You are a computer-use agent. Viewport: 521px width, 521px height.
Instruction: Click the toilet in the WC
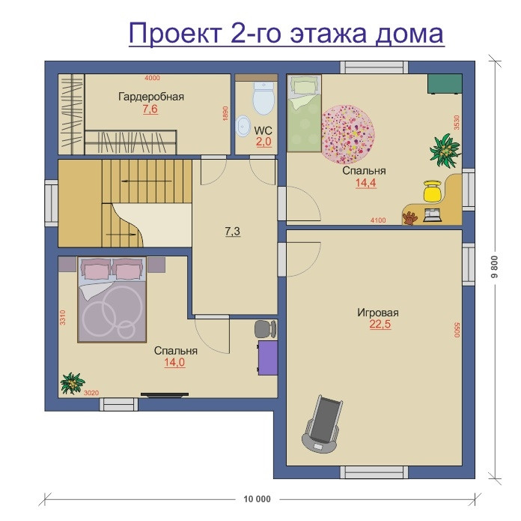263,97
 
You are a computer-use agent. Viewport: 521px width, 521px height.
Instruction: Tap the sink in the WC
243,126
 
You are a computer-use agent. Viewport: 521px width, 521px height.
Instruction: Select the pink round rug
348,134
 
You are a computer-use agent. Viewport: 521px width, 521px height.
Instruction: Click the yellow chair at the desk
432,191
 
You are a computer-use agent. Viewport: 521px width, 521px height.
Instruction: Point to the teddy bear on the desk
410,218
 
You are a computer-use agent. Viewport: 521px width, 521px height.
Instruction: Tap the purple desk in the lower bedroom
268,358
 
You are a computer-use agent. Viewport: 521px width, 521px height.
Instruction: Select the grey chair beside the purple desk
265,329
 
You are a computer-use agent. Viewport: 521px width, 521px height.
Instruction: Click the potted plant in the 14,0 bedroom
72,383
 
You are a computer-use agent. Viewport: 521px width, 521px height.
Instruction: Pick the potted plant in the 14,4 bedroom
445,150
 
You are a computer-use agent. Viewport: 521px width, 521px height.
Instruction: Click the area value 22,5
380,324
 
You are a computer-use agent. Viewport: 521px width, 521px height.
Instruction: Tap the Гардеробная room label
151,97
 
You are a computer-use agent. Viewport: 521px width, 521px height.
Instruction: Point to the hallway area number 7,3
233,231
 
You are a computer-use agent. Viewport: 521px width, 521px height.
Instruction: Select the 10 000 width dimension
258,499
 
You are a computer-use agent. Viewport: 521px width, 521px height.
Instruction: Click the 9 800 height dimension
495,267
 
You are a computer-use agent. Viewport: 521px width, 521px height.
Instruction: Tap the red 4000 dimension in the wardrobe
152,78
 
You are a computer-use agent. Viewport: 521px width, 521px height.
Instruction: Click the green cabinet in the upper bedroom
445,83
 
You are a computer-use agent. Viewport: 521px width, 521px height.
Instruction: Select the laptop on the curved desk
432,215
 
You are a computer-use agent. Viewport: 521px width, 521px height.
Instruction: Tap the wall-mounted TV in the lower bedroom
165,395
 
